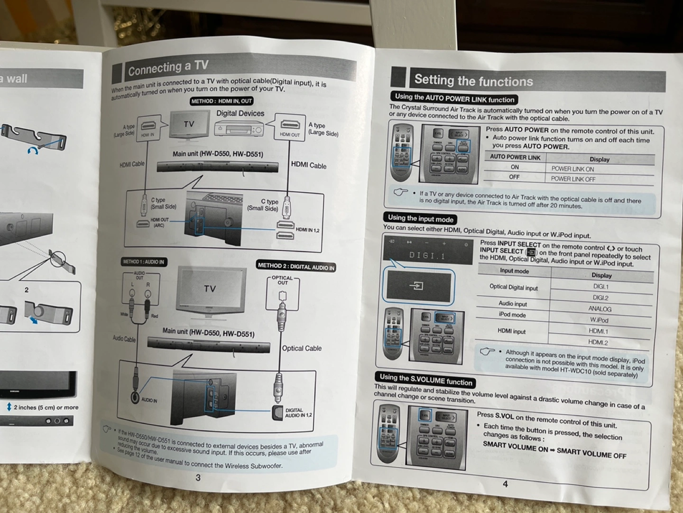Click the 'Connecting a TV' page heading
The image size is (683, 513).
tap(168, 68)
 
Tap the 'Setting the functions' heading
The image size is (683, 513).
tap(473, 81)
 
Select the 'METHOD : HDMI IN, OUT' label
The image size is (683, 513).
tap(222, 101)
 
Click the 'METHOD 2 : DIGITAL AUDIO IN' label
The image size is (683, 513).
tap(296, 267)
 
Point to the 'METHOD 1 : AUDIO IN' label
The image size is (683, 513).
tap(143, 261)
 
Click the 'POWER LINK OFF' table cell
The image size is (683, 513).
tap(573, 179)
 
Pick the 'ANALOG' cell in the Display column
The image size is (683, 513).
tap(600, 308)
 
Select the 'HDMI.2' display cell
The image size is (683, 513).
tap(598, 342)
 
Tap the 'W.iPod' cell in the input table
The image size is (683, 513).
tap(599, 320)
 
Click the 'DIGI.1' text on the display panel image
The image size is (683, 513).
tap(427, 256)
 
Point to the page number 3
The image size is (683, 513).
tap(198, 477)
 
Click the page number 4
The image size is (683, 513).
tap(505, 484)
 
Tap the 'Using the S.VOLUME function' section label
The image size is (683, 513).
tap(425, 380)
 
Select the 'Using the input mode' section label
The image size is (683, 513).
tap(420, 218)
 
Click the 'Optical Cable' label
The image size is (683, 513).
tap(302, 348)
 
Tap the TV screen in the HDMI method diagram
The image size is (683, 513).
tap(189, 124)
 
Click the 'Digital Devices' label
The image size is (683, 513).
tap(240, 113)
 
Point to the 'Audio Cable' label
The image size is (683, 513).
tap(124, 338)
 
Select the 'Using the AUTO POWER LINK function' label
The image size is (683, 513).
tap(454, 98)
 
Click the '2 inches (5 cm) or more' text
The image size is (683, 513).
tap(46, 407)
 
